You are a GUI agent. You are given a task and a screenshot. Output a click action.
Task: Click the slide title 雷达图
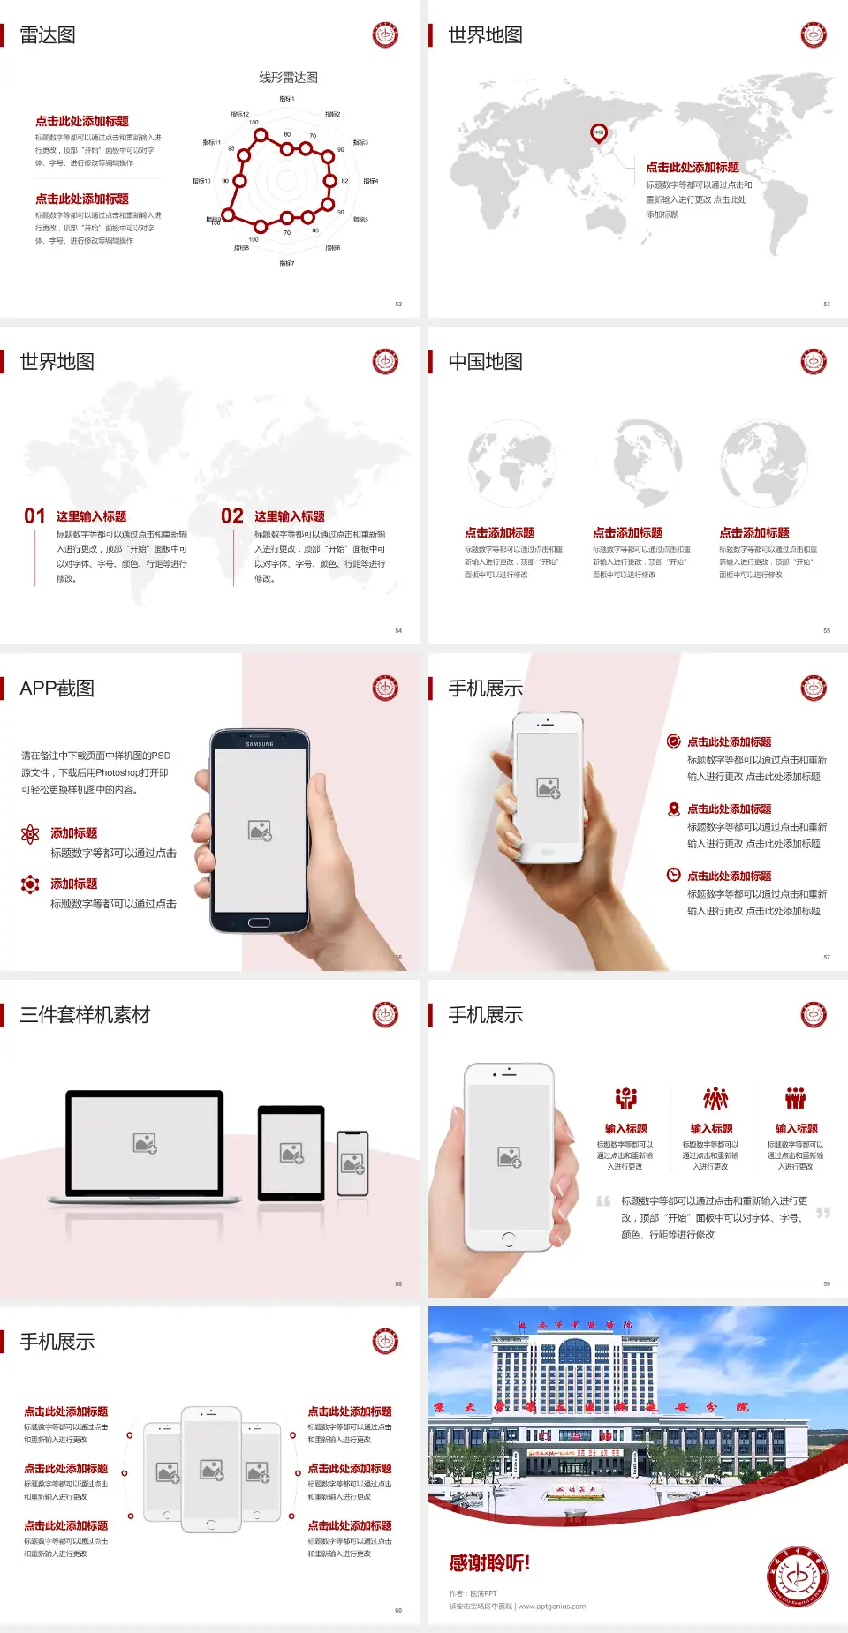(48, 35)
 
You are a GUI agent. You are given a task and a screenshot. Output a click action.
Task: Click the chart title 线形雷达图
(288, 78)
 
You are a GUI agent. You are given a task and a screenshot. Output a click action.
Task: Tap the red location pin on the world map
(599, 133)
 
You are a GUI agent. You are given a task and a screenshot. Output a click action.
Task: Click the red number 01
(34, 516)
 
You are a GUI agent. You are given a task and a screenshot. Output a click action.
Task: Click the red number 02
(232, 516)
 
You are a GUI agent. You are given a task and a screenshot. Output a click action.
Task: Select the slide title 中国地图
(485, 362)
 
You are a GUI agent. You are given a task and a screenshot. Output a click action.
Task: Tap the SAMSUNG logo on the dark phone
(260, 744)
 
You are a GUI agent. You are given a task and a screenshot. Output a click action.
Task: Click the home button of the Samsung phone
(259, 922)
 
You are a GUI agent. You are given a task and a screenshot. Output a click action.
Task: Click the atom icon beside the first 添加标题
(30, 834)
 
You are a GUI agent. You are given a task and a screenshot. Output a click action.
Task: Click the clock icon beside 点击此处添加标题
(673, 875)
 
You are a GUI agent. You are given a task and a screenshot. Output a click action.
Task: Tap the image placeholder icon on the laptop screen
(145, 1143)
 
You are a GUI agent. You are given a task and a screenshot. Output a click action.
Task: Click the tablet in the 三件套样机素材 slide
(291, 1152)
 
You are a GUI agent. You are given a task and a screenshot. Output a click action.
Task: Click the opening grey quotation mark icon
(603, 1201)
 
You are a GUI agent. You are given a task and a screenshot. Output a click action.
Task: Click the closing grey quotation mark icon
(823, 1213)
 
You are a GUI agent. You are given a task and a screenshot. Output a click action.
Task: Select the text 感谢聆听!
(489, 1563)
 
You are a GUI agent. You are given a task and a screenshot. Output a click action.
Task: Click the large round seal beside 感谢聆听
(798, 1576)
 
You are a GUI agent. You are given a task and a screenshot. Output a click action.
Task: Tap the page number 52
(398, 304)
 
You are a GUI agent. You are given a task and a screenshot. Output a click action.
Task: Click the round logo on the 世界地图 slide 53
(814, 35)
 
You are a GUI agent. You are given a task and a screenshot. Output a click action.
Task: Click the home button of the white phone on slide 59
(508, 1239)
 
